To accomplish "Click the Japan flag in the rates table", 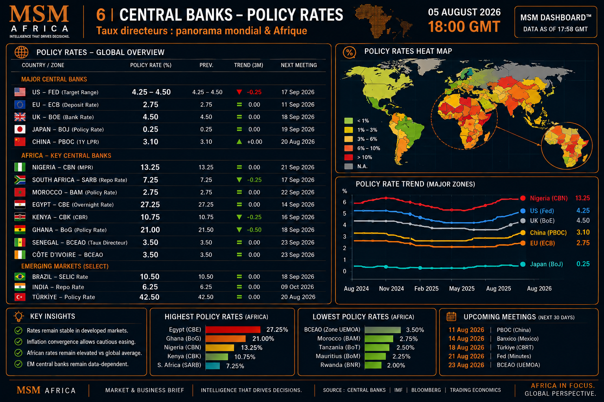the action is (x=20, y=129).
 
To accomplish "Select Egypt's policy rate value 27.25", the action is (x=150, y=205).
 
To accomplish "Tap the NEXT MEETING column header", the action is (x=299, y=65).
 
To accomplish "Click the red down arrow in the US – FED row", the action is (x=239, y=92).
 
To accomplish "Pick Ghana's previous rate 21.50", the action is (x=206, y=230).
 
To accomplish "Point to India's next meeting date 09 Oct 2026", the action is (x=297, y=287).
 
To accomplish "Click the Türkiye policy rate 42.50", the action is (x=149, y=297).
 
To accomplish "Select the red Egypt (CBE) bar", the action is (x=233, y=330).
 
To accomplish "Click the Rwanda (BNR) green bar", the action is (x=373, y=365).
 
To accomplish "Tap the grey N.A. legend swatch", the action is (x=348, y=166).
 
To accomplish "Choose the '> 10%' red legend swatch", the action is (x=348, y=157).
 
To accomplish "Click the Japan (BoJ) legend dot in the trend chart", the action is (x=523, y=264).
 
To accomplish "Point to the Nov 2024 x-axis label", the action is (x=391, y=289).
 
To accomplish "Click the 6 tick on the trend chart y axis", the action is (x=344, y=202).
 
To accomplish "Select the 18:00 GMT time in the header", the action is (x=464, y=27).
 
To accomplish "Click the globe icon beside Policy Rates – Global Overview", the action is (x=22, y=52).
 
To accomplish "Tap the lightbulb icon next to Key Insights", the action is (x=19, y=316).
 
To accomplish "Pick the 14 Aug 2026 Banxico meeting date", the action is (x=466, y=339).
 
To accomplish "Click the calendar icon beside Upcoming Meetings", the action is (x=451, y=317).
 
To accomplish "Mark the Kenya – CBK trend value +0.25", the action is (x=254, y=217).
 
